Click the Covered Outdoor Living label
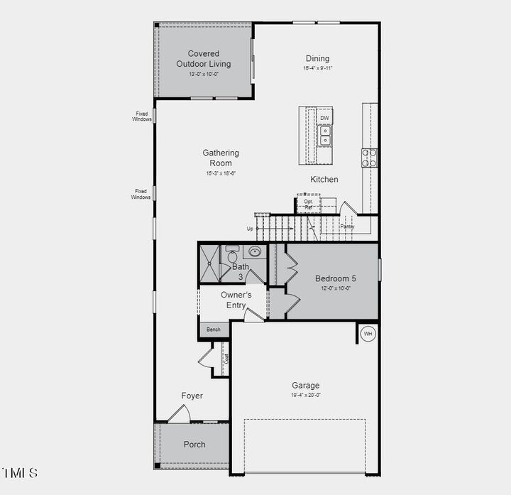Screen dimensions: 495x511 click(x=204, y=58)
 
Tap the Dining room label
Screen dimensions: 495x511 click(x=317, y=58)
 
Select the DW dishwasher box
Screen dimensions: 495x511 click(x=324, y=118)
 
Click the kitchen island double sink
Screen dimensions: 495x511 click(x=324, y=135)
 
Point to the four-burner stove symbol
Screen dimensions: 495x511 click(x=369, y=157)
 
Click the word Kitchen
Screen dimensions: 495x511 click(x=324, y=180)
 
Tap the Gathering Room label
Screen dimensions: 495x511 click(x=221, y=158)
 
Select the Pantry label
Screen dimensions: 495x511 click(x=346, y=227)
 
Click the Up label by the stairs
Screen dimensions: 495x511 click(x=250, y=229)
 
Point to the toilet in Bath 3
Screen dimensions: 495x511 click(x=232, y=255)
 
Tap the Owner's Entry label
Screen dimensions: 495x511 click(x=236, y=300)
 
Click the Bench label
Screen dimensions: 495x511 click(x=214, y=330)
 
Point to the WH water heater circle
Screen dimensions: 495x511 click(x=368, y=334)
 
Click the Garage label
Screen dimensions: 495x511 click(x=305, y=386)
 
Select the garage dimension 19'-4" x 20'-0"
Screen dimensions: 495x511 click(x=305, y=395)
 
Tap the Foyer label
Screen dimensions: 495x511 click(x=192, y=396)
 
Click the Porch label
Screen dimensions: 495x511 click(x=194, y=445)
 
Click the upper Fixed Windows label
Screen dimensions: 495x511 click(x=142, y=116)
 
